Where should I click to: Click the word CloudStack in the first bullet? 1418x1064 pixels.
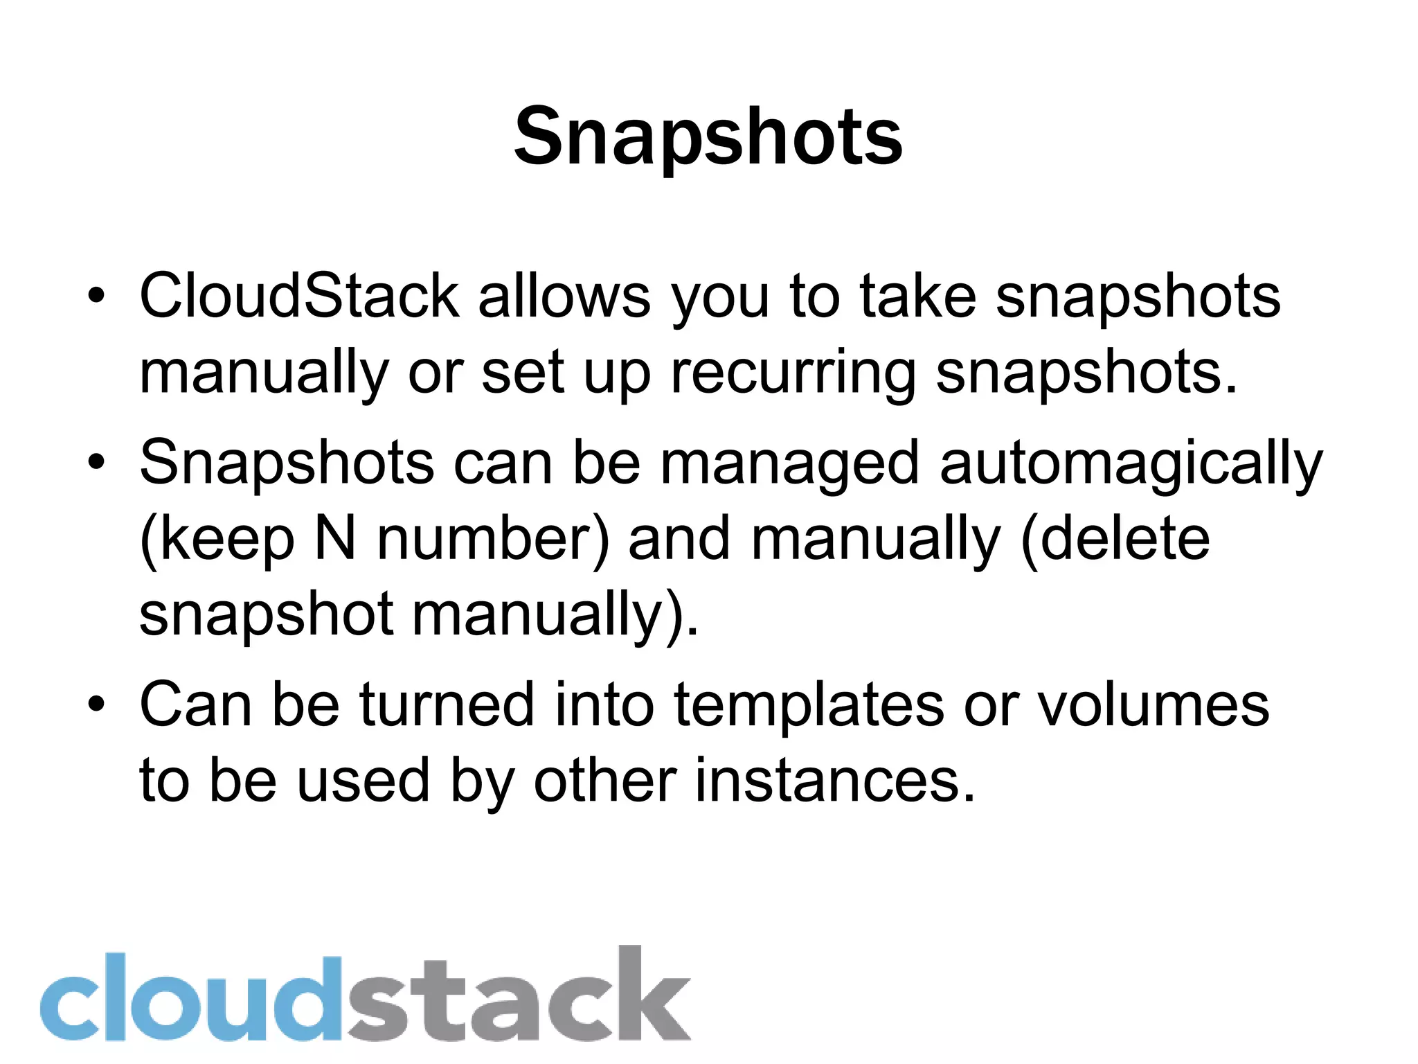point(299,296)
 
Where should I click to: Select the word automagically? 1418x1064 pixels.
point(1131,464)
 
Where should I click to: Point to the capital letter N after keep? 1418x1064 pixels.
point(335,539)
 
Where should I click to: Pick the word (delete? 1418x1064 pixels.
point(1115,539)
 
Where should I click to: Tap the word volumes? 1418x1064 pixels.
point(1153,705)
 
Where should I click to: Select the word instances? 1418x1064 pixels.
point(834,781)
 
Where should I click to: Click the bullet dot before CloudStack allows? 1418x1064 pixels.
point(96,296)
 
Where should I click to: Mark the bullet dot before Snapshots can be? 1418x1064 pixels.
point(96,463)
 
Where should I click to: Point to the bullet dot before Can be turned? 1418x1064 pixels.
point(96,705)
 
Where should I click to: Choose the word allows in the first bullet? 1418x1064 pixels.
point(564,296)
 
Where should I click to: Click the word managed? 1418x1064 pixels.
point(790,464)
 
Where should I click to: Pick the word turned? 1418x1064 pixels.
point(447,705)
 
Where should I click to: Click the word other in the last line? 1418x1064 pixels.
point(604,781)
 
